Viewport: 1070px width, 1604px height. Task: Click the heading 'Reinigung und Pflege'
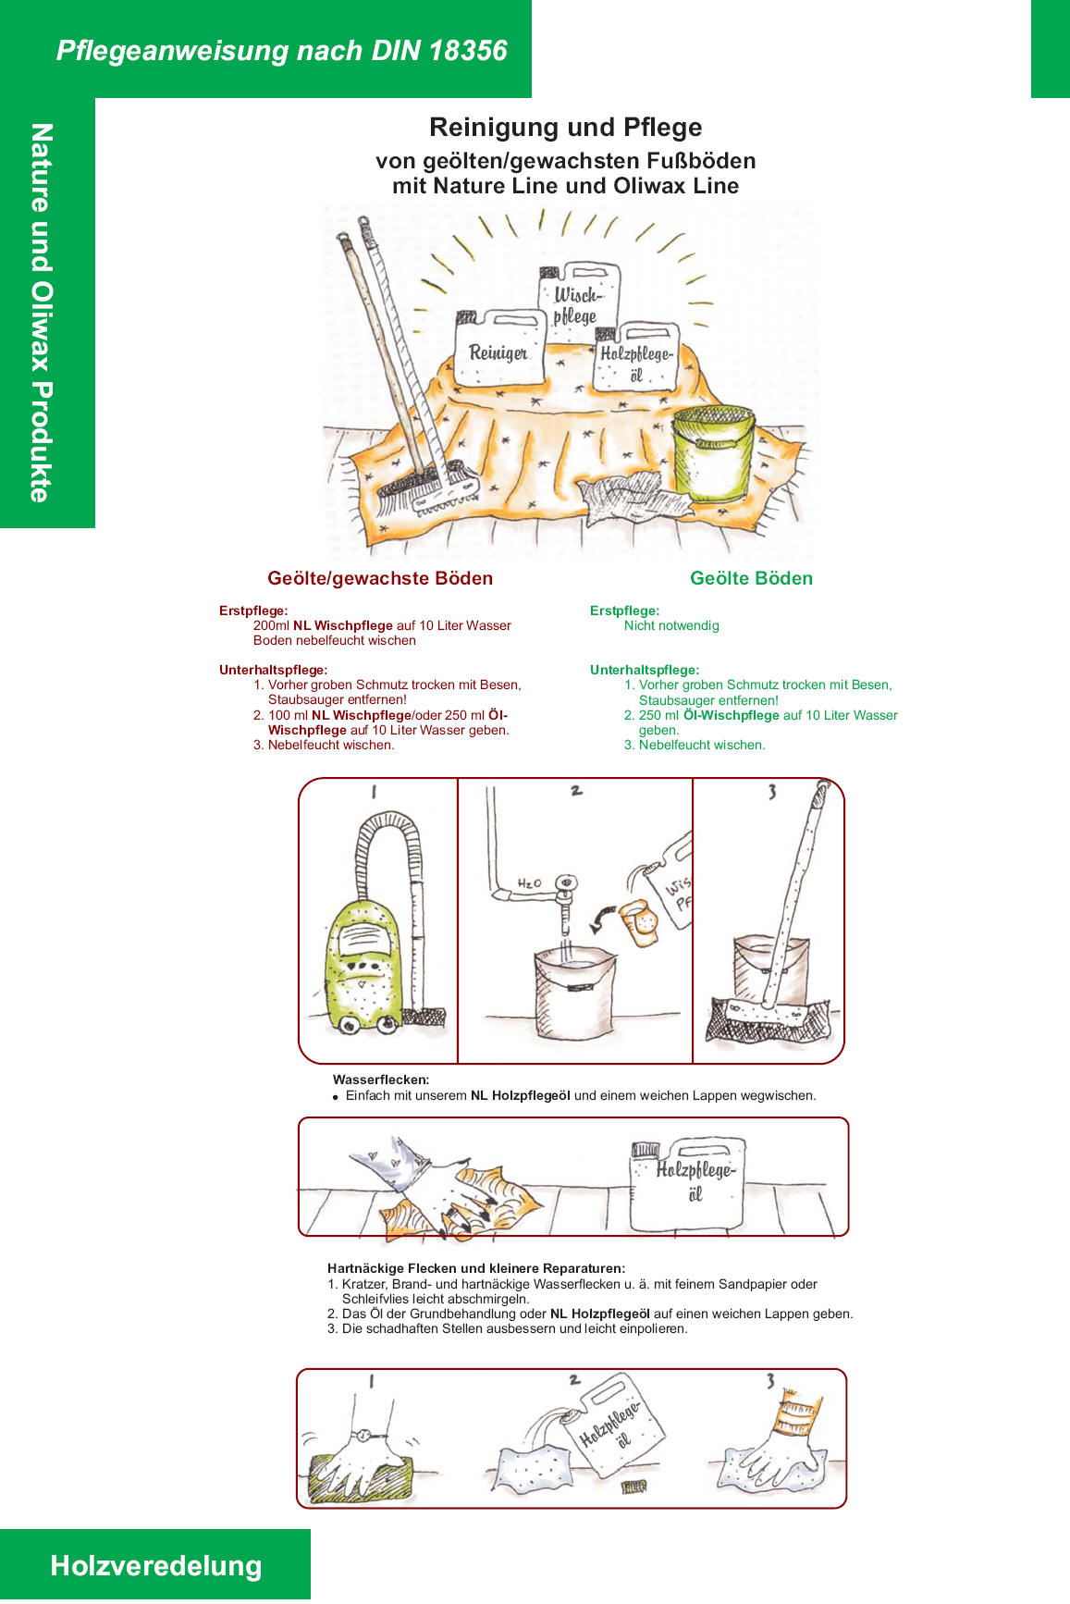tap(565, 128)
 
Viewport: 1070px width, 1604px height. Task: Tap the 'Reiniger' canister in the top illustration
tap(499, 350)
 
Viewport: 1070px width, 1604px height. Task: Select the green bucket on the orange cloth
tap(712, 453)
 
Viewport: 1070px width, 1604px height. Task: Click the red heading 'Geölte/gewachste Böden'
tap(380, 578)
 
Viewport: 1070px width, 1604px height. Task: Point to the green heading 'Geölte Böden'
tap(751, 578)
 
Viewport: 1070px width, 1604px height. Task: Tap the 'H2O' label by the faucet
tap(529, 883)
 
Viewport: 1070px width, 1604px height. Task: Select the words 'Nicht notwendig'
tap(671, 626)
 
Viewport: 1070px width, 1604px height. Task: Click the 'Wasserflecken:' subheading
tap(381, 1080)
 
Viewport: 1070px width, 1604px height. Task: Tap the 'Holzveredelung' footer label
tap(156, 1566)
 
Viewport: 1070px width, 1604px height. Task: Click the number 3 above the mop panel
tap(771, 792)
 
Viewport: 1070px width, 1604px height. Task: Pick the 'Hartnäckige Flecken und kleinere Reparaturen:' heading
tap(476, 1268)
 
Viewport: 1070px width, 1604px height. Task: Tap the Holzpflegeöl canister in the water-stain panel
tap(688, 1185)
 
